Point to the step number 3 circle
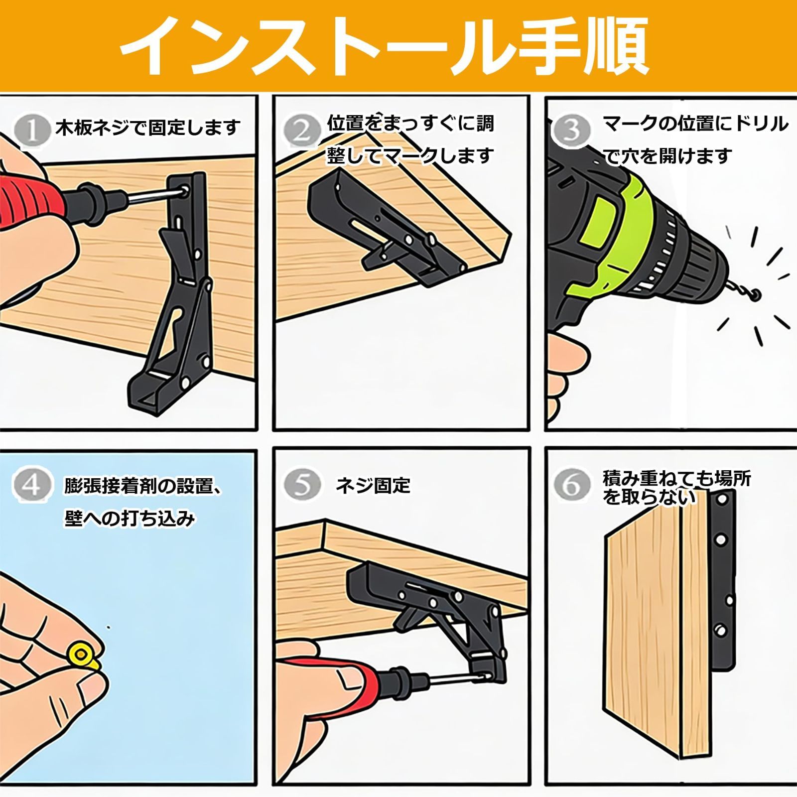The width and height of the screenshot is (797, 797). tap(571, 131)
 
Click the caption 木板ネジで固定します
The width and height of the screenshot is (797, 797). tap(148, 128)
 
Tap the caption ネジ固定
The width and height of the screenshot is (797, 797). tap(373, 485)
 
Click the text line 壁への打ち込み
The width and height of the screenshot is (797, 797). tap(129, 519)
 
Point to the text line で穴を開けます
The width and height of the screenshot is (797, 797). tap(667, 156)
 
